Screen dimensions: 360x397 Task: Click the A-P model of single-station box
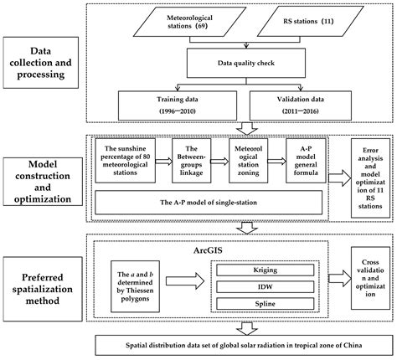[x=207, y=202]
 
